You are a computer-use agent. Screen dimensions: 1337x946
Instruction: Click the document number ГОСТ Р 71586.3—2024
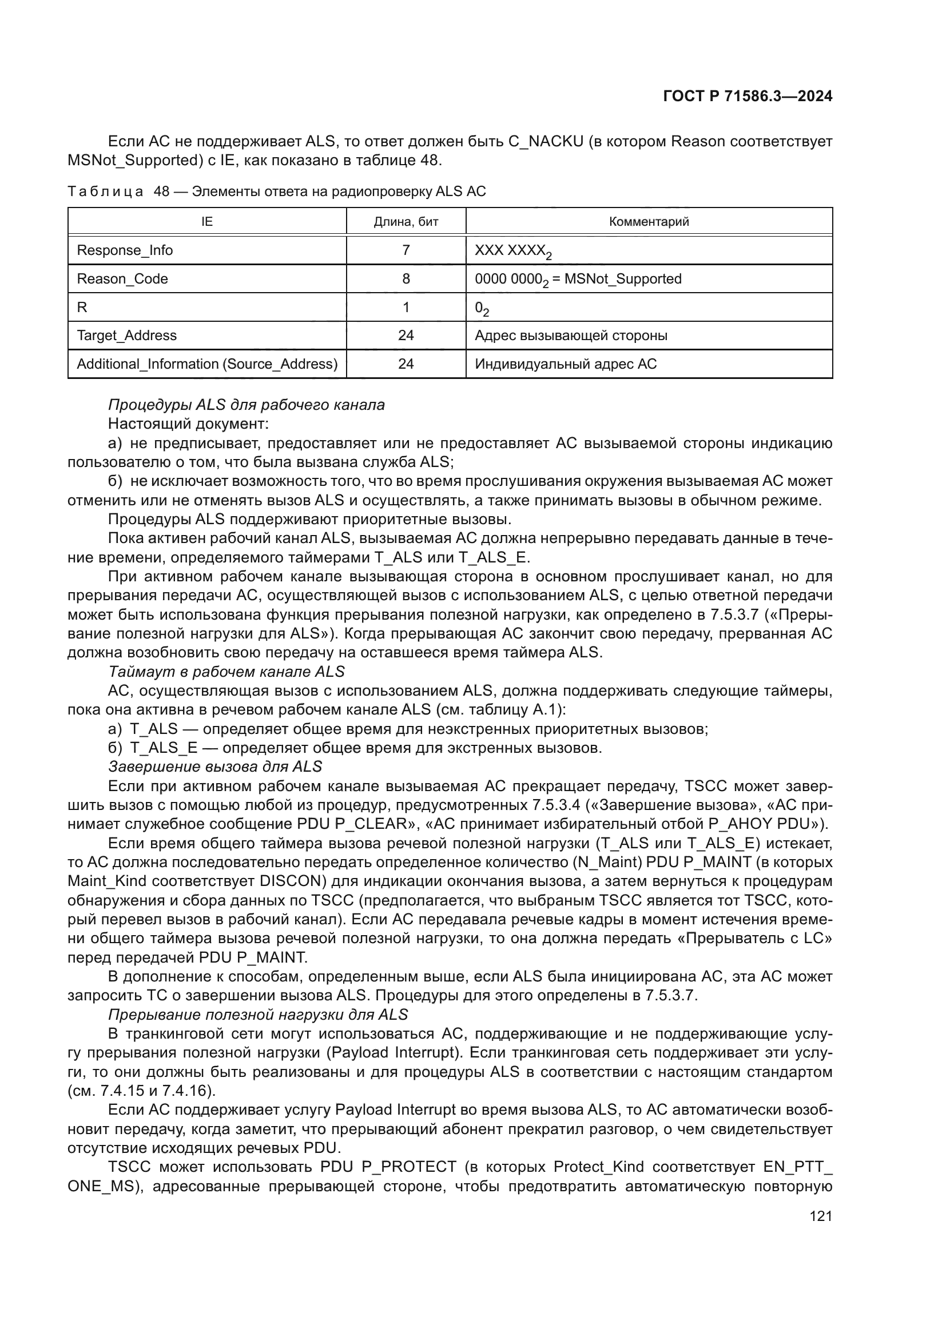[748, 96]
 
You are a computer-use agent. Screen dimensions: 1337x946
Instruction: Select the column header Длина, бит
[406, 221]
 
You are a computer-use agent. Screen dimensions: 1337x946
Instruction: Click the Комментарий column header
[649, 221]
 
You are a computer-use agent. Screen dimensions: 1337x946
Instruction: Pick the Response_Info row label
[125, 250]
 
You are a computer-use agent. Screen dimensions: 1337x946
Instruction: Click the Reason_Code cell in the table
[122, 279]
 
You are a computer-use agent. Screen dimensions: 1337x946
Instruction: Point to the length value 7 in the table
[406, 250]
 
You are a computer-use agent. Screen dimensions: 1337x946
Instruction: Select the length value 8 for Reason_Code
[406, 279]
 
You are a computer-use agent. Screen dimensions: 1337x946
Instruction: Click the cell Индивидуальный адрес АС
[566, 364]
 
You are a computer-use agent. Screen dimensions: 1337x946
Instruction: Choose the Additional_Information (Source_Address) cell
[208, 364]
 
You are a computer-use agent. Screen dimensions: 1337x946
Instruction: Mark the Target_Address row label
[126, 336]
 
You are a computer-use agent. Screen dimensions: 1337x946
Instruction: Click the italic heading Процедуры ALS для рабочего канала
[247, 405]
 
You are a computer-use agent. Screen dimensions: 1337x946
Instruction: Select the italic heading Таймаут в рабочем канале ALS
[226, 672]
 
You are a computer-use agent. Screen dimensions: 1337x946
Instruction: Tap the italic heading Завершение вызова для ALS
[215, 767]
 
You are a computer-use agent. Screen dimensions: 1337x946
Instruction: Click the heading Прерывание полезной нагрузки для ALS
[258, 1015]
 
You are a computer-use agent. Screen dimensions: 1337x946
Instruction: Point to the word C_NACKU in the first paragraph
[545, 142]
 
